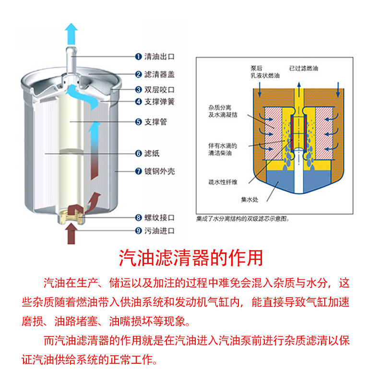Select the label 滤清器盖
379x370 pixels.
click(159, 74)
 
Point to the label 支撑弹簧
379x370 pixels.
click(159, 102)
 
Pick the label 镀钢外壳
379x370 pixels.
click(159, 170)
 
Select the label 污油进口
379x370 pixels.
click(159, 231)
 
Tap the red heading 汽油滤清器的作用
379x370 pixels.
click(191, 258)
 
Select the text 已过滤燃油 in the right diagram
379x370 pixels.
click(303, 69)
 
